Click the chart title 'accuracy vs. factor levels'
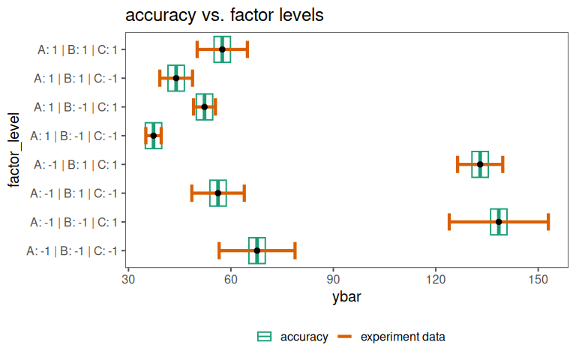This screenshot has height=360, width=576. (x=224, y=15)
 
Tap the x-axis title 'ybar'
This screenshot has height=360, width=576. (x=347, y=298)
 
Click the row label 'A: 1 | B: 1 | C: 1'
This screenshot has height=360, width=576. (x=77, y=50)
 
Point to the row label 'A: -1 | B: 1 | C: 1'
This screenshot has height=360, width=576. (x=74, y=165)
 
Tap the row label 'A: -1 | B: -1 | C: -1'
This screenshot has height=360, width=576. (x=71, y=250)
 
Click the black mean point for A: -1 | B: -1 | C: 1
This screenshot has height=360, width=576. (x=499, y=222)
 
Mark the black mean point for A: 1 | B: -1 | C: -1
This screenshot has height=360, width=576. (x=154, y=136)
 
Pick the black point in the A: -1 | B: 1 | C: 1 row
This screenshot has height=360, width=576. (x=480, y=164)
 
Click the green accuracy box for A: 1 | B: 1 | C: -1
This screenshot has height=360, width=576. (x=176, y=78)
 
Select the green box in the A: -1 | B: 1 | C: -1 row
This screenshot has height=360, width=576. (x=218, y=193)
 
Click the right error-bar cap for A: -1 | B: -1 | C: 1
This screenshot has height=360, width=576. (x=548, y=222)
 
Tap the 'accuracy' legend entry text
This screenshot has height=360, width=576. (x=304, y=337)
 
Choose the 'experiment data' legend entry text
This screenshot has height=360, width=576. (x=403, y=337)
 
